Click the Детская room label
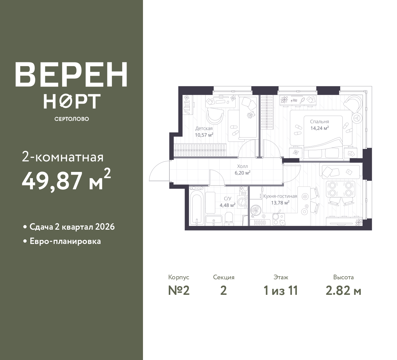204,128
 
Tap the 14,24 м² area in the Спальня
319,128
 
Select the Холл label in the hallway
243,166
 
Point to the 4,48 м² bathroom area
227,205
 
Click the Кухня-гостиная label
280,196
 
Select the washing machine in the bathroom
242,202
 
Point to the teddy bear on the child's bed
251,115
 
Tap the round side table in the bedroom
357,118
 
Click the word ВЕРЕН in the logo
71,74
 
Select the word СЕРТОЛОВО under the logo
72,119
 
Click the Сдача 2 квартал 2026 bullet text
72,227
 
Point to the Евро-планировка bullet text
65,241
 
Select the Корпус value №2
179,291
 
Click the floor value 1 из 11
281,291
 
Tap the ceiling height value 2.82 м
343,291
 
